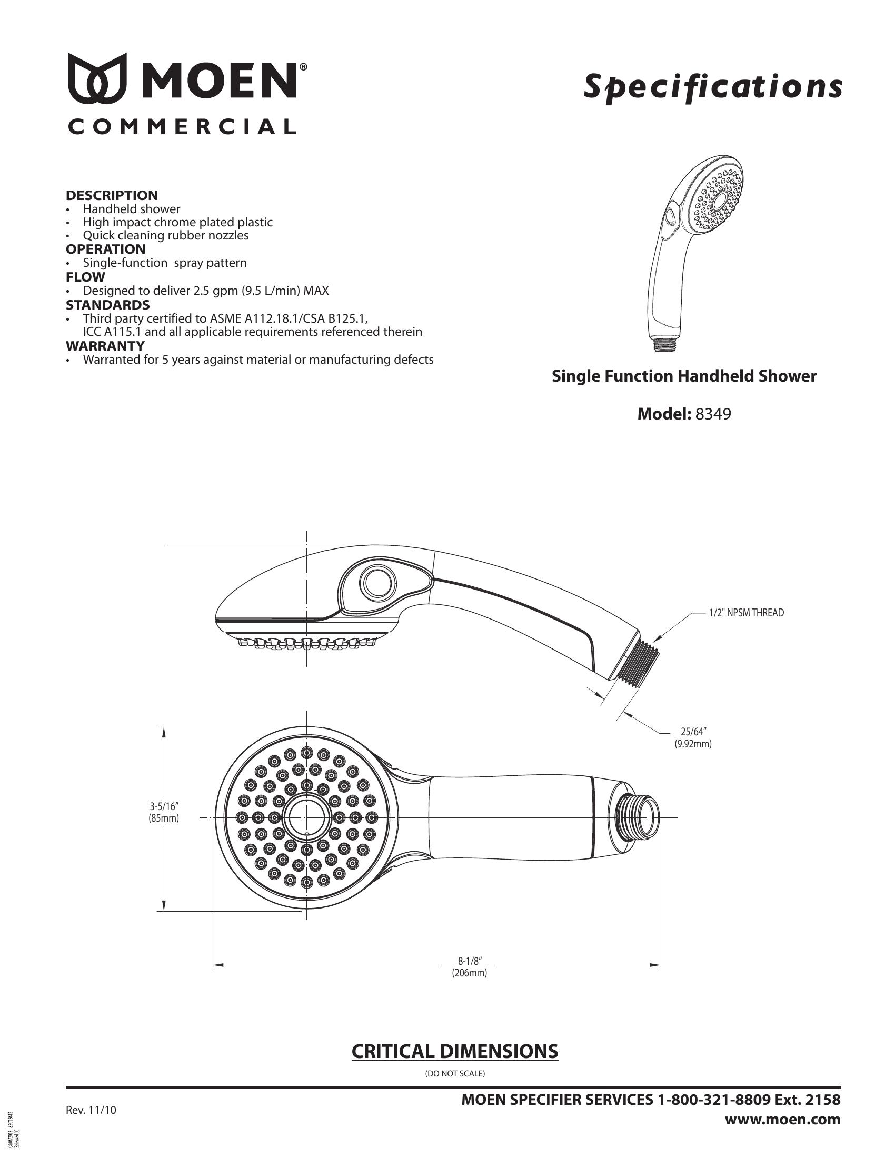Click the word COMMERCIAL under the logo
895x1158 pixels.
pyautogui.click(x=181, y=127)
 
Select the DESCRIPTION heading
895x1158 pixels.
pyautogui.click(x=112, y=195)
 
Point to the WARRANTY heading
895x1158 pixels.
pyautogui.click(x=105, y=346)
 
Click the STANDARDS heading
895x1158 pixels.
pyautogui.click(x=107, y=305)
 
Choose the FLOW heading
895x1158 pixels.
pyautogui.click(x=85, y=277)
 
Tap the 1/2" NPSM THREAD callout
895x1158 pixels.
pyautogui.click(x=747, y=613)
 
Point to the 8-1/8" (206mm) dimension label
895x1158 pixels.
pyautogui.click(x=469, y=966)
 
